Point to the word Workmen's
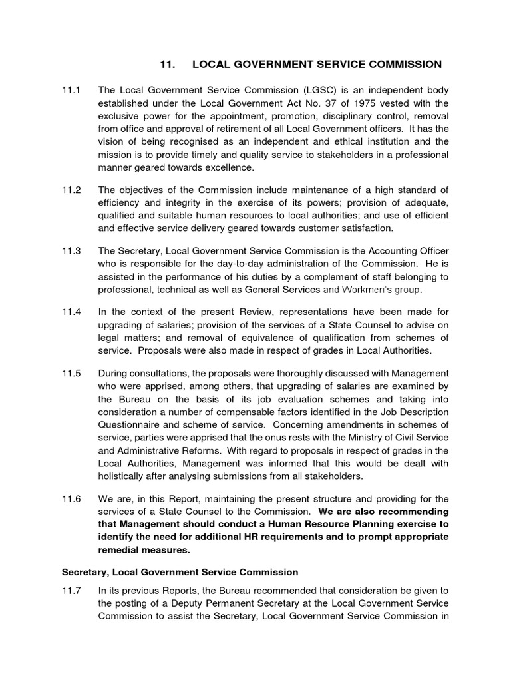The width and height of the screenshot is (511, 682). click(x=368, y=290)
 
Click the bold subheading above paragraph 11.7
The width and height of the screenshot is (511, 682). click(x=180, y=572)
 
